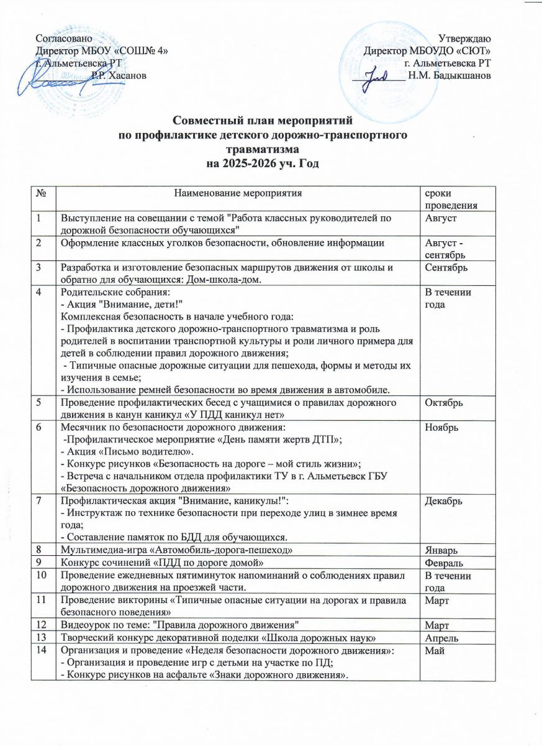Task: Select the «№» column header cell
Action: pos(44,194)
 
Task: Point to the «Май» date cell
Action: pos(432,647)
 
